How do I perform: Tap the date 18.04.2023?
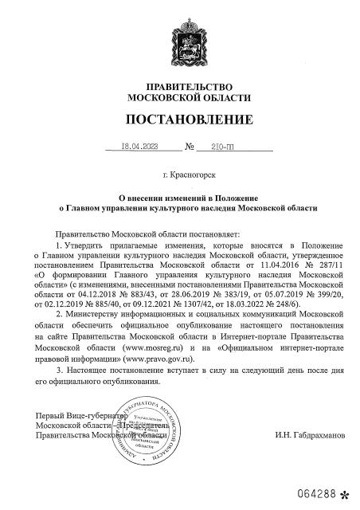pos(139,147)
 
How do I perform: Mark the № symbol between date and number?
pos(190,147)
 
